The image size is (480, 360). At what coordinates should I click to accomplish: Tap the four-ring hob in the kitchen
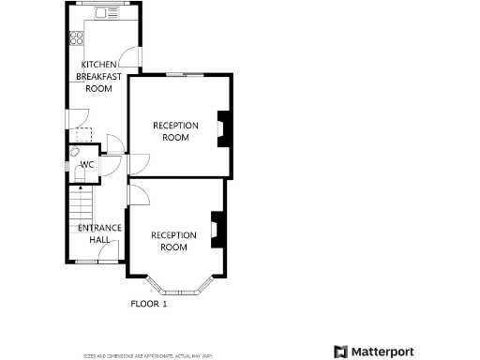pos(77,40)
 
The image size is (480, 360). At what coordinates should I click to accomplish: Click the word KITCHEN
pos(98,65)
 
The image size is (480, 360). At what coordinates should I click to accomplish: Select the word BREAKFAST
pos(98,77)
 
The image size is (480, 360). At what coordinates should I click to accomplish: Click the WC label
pos(87,165)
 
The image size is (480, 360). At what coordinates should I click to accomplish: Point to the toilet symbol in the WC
pos(75,151)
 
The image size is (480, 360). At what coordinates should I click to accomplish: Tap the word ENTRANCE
pos(99,228)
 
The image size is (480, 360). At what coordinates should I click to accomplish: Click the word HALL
pos(99,240)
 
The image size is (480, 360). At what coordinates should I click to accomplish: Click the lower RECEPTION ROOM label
pos(174,241)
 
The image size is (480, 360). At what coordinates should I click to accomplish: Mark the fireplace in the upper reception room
pos(223,129)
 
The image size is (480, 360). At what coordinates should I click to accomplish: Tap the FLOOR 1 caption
pos(148,304)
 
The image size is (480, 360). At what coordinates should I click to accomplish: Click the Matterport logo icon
pos(340,352)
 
